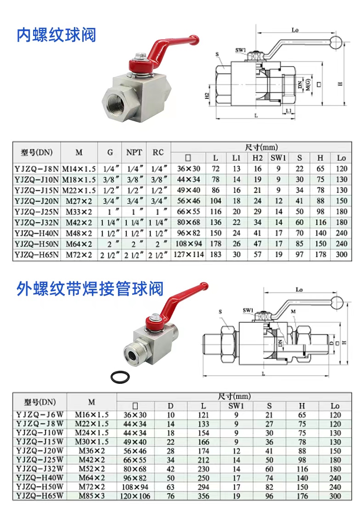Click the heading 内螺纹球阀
[56, 35]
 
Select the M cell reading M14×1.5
[79, 169]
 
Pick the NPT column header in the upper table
[134, 152]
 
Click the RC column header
[159, 152]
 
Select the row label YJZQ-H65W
[40, 496]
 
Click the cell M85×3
[91, 496]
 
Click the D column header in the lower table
[170, 406]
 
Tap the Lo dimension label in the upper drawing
[295, 30]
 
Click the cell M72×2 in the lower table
[91, 487]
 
